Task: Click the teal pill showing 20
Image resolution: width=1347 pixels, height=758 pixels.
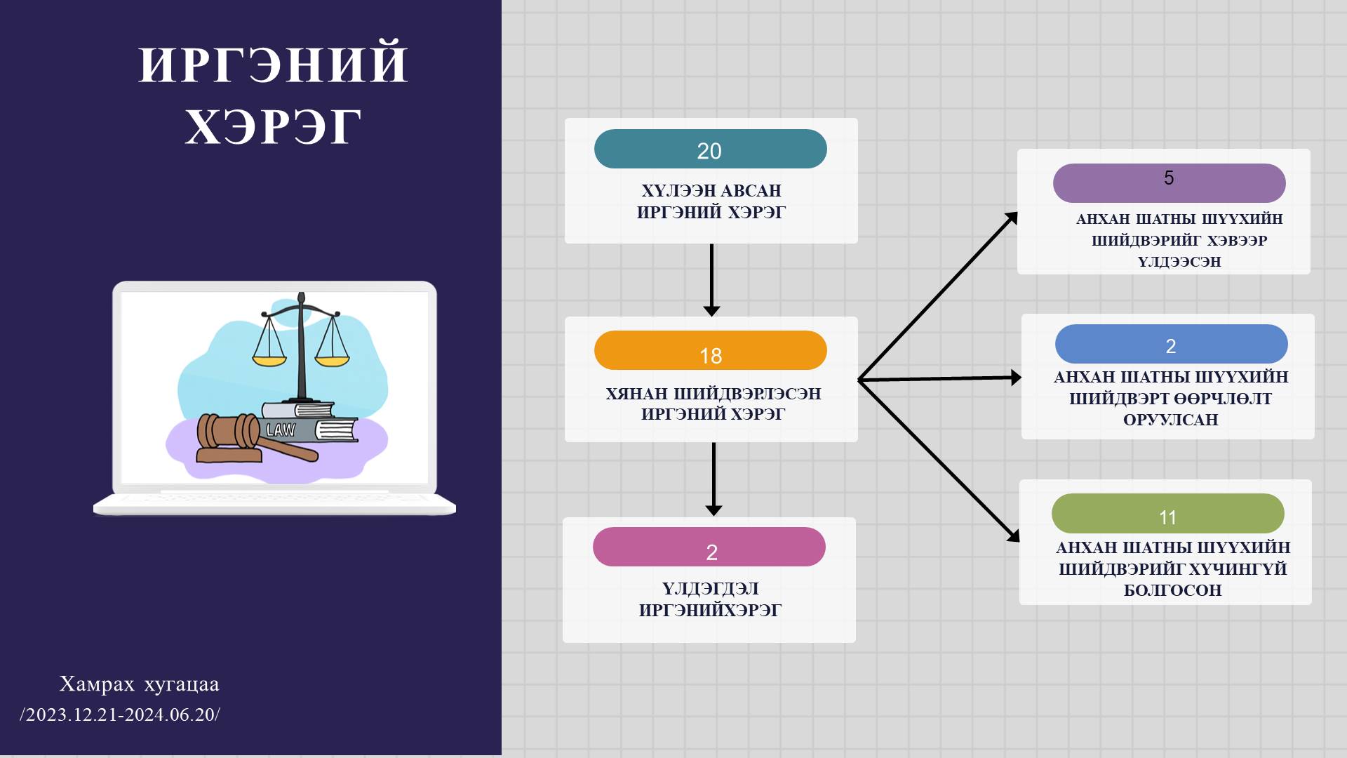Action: [710, 149]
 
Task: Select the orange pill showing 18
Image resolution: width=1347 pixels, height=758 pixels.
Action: [710, 350]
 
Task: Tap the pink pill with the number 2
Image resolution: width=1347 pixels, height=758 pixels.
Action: [709, 547]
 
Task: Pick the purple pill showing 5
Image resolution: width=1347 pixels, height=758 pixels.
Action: [1169, 183]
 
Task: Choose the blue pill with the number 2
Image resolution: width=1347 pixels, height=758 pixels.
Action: [1171, 344]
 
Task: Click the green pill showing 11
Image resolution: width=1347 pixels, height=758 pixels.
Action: [1167, 513]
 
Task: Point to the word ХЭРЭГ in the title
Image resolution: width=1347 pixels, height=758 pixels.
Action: [273, 127]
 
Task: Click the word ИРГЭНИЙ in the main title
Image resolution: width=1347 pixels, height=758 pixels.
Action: [273, 65]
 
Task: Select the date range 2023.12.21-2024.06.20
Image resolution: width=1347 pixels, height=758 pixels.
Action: [120, 714]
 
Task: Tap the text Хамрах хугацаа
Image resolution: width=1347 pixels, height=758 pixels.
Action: [139, 684]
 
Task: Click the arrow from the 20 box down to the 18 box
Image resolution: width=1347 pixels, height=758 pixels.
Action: [711, 280]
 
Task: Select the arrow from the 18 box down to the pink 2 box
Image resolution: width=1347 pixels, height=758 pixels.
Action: [713, 479]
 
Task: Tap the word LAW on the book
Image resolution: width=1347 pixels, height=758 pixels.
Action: [281, 430]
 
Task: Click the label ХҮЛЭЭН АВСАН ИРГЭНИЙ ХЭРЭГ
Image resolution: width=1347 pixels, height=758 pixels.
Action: [711, 201]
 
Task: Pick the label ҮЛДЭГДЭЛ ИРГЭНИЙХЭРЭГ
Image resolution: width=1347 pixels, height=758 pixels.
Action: [710, 599]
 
